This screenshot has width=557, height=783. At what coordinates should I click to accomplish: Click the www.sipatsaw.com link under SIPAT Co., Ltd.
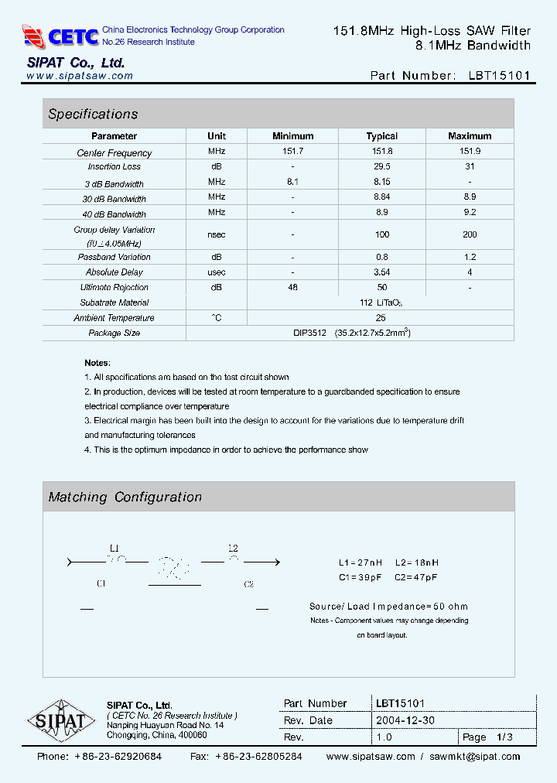[x=80, y=76]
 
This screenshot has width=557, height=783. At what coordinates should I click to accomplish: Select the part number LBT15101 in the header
[x=499, y=75]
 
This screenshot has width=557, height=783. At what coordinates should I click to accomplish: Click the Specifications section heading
[x=93, y=114]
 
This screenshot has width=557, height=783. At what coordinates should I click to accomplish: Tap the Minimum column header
[x=293, y=136]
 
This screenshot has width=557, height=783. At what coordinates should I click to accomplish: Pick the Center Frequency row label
[x=114, y=153]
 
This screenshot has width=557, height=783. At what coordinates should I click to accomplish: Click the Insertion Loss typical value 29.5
[x=381, y=166]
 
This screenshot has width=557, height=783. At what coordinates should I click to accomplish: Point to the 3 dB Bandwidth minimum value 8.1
[x=293, y=182]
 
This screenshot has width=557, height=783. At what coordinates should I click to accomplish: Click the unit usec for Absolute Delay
[x=217, y=272]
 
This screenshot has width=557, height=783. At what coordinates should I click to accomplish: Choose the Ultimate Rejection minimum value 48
[x=293, y=287]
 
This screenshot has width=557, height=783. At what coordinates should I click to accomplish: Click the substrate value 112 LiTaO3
[x=381, y=303]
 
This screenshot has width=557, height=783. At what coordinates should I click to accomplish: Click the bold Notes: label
[x=97, y=363]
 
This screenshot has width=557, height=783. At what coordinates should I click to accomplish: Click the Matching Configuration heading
[x=125, y=497]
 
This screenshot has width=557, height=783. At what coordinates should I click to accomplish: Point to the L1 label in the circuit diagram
[x=115, y=547]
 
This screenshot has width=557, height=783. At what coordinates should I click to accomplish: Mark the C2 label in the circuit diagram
[x=248, y=584]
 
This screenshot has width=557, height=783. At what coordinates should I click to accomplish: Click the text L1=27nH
[x=361, y=562]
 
